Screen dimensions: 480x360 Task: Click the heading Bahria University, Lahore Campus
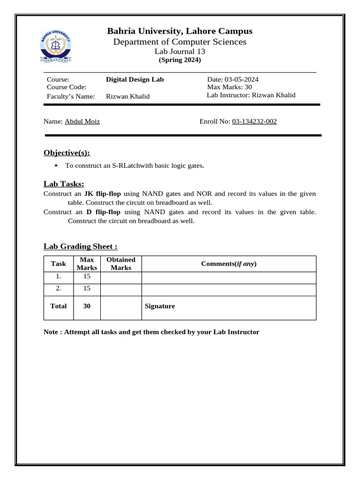point(180,31)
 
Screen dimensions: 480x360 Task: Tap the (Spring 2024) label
point(180,60)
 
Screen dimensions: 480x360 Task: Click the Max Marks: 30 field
point(229,87)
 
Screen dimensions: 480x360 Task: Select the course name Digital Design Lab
point(135,79)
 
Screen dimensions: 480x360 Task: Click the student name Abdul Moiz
point(82,121)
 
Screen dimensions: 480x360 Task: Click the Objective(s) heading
point(67,153)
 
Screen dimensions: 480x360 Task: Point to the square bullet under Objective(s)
point(56,165)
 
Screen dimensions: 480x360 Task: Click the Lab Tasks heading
point(64,184)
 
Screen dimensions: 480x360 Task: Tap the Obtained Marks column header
point(121,263)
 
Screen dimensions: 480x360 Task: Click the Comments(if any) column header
point(229,263)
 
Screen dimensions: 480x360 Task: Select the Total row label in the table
point(59,306)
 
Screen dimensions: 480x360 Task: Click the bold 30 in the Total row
point(87,306)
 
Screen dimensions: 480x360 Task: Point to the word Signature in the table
point(160,306)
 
